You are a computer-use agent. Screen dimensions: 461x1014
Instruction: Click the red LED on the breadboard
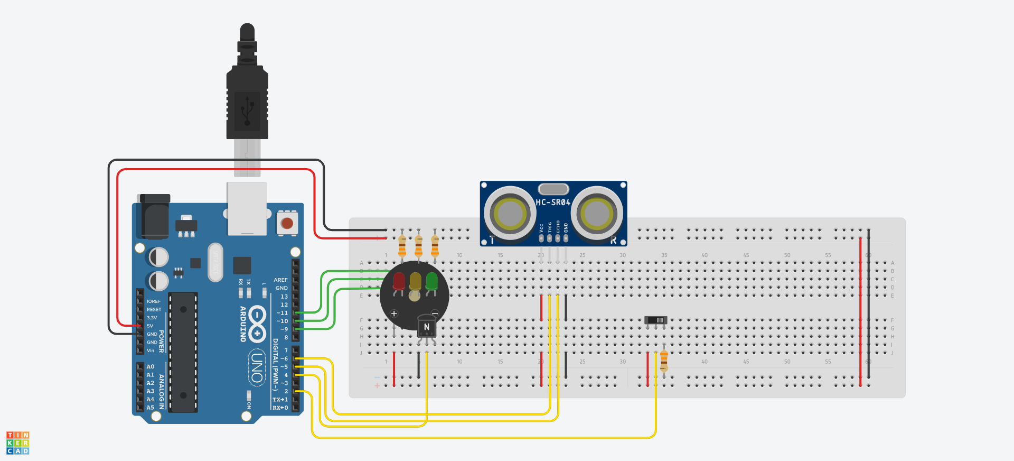click(x=399, y=280)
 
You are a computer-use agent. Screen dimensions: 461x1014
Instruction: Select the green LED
click(x=431, y=280)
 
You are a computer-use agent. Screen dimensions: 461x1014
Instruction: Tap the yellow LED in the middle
click(x=415, y=280)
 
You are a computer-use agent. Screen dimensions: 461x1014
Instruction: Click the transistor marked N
click(x=427, y=327)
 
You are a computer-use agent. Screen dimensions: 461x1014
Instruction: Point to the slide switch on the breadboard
click(x=656, y=320)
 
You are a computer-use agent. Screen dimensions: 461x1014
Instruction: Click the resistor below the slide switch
click(x=664, y=361)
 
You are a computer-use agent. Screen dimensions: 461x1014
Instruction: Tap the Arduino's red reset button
click(x=287, y=223)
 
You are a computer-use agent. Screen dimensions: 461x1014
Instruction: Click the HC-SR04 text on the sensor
click(x=553, y=202)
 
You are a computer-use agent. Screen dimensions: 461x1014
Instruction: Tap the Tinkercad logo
click(x=17, y=443)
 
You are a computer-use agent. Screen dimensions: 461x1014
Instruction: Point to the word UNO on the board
click(x=257, y=367)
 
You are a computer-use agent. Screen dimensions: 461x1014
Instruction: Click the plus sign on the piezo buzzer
click(x=394, y=314)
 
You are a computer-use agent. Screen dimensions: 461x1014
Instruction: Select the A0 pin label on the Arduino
click(x=151, y=366)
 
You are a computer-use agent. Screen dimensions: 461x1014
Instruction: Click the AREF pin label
click(x=280, y=280)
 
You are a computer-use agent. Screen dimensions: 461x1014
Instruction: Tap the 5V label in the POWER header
click(x=150, y=326)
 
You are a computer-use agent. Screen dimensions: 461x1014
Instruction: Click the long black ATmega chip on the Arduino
click(x=183, y=352)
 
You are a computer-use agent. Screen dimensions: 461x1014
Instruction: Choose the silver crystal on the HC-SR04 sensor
click(x=553, y=189)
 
